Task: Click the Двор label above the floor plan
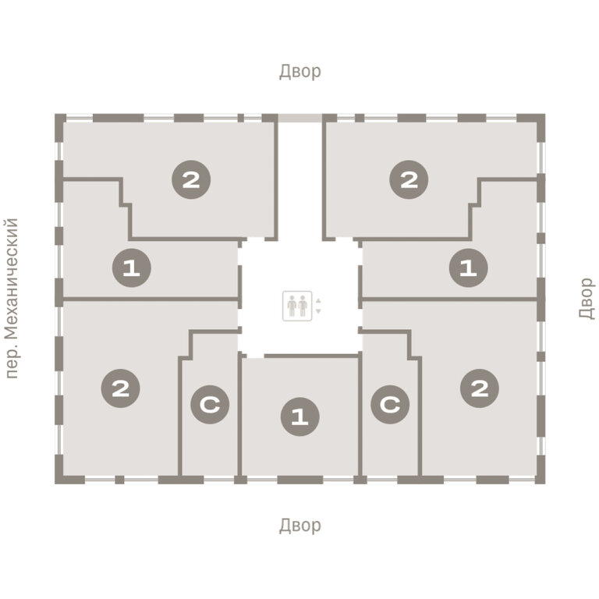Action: [299, 72]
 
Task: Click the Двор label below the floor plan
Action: [299, 525]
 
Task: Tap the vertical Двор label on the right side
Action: [587, 299]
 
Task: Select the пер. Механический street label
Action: [12, 299]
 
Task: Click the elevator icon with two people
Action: [297, 306]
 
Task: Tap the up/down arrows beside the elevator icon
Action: [318, 306]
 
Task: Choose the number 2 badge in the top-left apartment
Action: [191, 179]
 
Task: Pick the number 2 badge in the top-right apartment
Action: [409, 179]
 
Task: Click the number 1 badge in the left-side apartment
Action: [131, 268]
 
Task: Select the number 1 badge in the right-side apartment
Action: [468, 268]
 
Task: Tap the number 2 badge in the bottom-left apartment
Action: [120, 388]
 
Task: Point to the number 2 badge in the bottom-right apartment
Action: [480, 388]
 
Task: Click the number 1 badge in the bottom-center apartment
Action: [299, 416]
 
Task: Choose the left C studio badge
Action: [210, 404]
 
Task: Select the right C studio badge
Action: [390, 404]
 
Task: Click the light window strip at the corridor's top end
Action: [299, 118]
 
